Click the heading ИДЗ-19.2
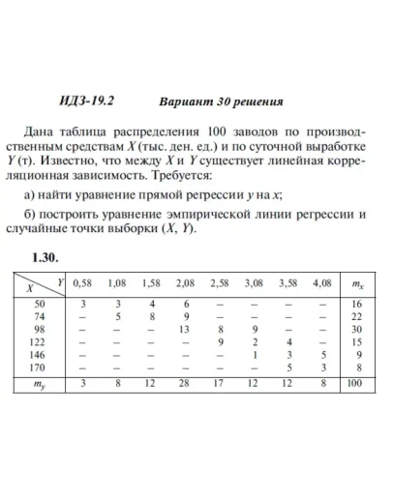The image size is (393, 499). point(78,101)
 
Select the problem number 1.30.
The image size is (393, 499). point(45,258)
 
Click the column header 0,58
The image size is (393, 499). point(83,283)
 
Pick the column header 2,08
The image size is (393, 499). point(183,283)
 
